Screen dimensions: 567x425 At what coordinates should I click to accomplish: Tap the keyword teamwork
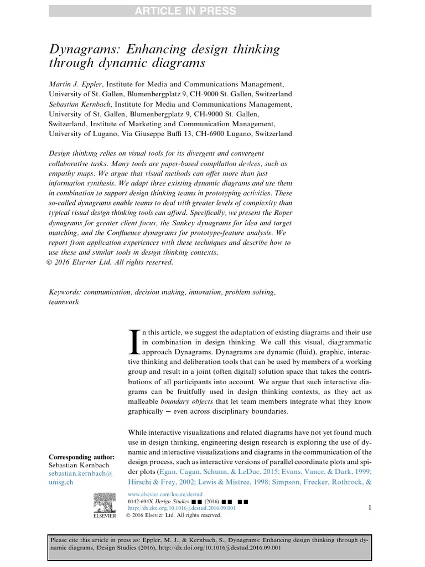point(64,302)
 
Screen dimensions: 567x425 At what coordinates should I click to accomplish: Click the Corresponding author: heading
point(82,457)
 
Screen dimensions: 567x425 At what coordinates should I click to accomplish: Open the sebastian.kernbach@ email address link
point(81,475)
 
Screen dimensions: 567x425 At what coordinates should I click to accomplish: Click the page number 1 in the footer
point(370,507)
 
